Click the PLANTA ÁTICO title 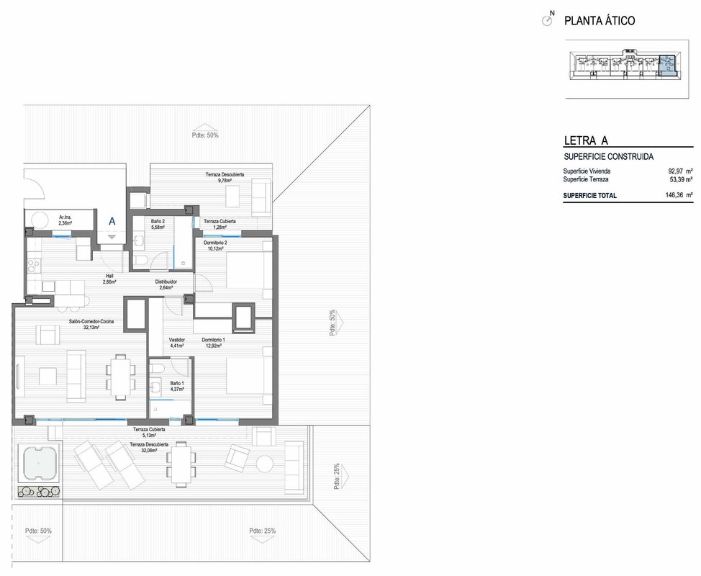599,21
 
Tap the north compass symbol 546,20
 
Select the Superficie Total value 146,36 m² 679,195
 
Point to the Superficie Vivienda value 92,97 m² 680,171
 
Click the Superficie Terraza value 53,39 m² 680,179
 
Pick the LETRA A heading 586,140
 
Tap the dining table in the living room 119,377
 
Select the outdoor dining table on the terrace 181,464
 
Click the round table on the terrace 265,463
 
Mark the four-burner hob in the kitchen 34,266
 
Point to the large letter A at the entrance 112,221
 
